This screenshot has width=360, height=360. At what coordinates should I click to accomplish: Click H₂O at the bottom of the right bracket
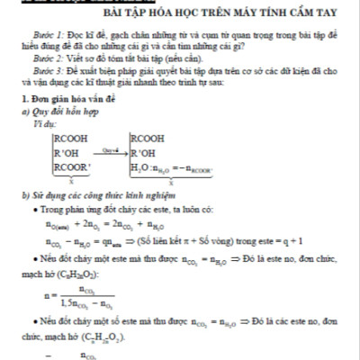142,167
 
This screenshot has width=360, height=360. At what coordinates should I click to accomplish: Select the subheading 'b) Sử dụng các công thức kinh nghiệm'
91,193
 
